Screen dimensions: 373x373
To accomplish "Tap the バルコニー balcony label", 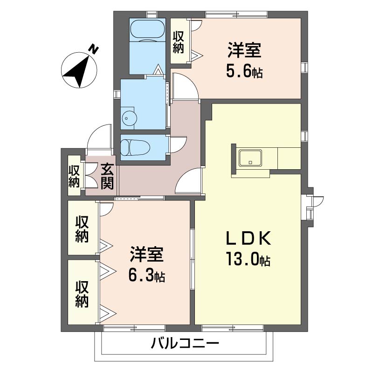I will tap(185, 345).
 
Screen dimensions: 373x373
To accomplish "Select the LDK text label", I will tap(248, 239).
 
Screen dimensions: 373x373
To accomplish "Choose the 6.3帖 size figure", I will tap(146, 275).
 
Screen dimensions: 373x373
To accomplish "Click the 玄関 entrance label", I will tap(107, 176).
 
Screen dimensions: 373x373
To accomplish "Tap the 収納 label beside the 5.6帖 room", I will tap(179, 41).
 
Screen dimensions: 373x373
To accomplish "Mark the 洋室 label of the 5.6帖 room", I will tap(244, 50).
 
